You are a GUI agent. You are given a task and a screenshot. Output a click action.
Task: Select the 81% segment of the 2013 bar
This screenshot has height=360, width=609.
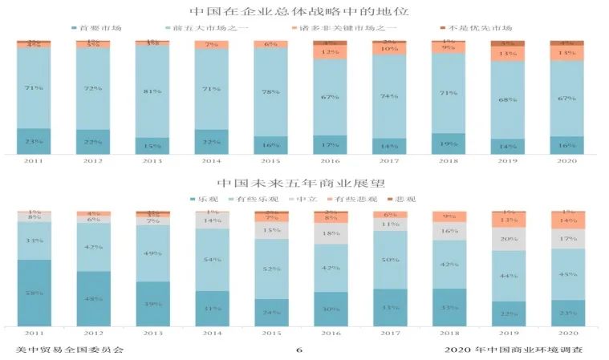(152, 91)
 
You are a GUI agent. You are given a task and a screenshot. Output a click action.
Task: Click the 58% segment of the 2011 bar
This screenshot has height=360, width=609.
(35, 293)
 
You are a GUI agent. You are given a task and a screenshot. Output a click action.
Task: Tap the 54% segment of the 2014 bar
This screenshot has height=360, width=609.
(212, 260)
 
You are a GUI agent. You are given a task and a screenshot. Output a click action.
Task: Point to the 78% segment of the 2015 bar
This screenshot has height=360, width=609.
(271, 91)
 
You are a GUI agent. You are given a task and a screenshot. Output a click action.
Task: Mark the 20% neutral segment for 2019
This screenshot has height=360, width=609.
(508, 239)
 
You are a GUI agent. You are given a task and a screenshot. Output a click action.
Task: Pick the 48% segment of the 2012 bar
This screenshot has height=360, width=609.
(93, 298)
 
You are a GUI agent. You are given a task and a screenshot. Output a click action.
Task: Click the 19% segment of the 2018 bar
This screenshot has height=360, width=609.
(449, 144)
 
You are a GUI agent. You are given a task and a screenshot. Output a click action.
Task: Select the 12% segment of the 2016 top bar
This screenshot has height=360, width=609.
(330, 52)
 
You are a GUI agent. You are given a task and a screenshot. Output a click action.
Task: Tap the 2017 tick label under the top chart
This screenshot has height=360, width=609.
(389, 161)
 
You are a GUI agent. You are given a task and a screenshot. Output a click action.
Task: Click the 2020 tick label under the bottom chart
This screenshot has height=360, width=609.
(566, 332)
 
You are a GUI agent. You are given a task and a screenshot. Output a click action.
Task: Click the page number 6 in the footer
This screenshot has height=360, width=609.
(298, 350)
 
